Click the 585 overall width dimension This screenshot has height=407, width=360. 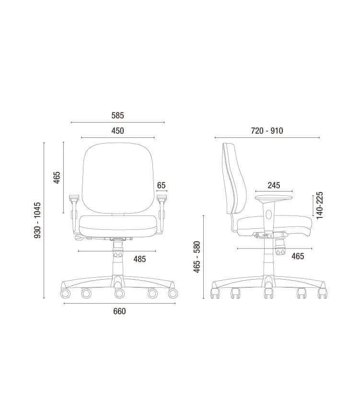click(x=117, y=115)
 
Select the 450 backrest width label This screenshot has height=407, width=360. click(x=117, y=131)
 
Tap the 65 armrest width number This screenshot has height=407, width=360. click(x=161, y=185)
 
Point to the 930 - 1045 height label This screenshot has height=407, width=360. click(x=37, y=220)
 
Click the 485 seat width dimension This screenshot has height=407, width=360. click(x=139, y=259)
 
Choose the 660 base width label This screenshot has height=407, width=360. click(x=119, y=311)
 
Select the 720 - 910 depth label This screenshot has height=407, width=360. click(x=267, y=131)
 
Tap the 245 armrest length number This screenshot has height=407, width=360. click(x=274, y=185)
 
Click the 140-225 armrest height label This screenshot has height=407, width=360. click(x=319, y=205)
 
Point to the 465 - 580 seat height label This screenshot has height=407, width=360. click(x=197, y=257)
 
